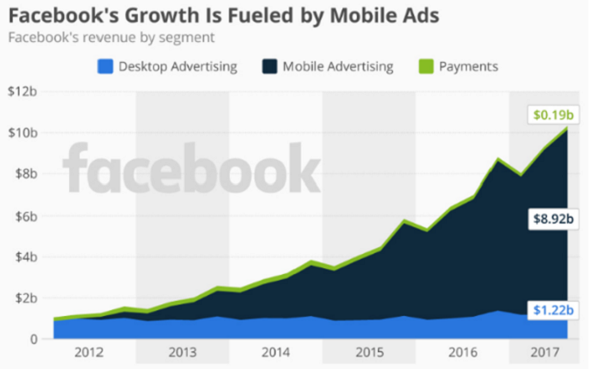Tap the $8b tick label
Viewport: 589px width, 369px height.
(x=24, y=173)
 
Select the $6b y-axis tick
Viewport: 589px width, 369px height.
(x=24, y=215)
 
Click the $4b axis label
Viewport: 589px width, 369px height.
(x=24, y=256)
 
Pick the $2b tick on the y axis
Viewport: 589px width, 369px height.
(x=24, y=298)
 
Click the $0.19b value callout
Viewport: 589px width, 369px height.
(x=551, y=115)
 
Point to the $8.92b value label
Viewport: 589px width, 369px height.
(x=551, y=219)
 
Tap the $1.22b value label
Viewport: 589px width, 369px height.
(x=551, y=311)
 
